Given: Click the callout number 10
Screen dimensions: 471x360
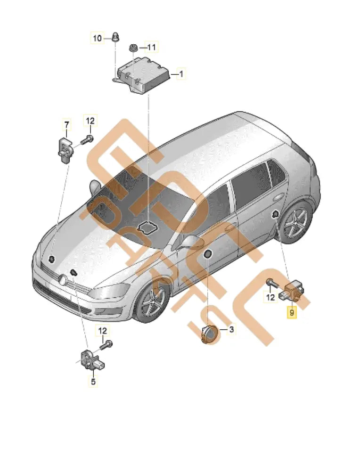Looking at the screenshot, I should (x=97, y=38).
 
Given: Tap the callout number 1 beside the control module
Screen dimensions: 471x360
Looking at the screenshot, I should (x=180, y=74).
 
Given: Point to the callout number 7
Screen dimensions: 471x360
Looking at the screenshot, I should (x=66, y=124).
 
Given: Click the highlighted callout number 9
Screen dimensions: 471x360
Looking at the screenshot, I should (x=292, y=312).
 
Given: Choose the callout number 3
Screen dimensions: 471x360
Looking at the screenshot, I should (x=231, y=330).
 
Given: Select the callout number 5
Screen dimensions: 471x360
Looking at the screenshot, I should (x=93, y=382).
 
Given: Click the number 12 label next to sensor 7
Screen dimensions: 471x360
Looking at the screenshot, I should (x=90, y=121).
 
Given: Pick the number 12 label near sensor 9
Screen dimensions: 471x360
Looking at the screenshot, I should (x=270, y=297).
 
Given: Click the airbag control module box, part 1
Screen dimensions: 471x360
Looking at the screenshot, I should (x=144, y=75).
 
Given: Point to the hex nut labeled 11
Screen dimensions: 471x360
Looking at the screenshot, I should (x=133, y=48).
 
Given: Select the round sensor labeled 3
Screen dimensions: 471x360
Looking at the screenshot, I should (x=209, y=335).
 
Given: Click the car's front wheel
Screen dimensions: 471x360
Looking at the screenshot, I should (x=152, y=300).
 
